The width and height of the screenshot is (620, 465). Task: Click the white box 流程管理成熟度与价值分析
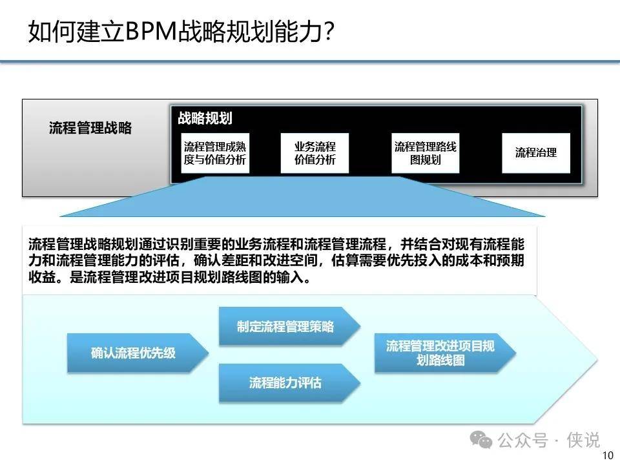215,153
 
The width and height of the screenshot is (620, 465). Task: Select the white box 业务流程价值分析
315,153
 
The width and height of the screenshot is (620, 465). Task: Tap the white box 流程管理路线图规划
426,153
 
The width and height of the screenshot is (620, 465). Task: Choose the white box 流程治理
536,153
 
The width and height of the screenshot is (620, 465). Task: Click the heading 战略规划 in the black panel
205,118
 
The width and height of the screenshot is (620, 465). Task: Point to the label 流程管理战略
90,128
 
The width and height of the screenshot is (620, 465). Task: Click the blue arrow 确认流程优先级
138,353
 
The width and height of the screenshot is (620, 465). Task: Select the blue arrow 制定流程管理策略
289,327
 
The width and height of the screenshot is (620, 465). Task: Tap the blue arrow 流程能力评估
289,383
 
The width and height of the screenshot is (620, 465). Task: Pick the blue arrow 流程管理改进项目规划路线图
445,353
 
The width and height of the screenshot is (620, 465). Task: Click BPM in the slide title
150,31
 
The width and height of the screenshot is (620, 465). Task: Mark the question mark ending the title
329,31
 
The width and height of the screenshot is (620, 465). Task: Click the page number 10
607,455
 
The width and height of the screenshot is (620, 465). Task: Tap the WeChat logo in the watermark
480,440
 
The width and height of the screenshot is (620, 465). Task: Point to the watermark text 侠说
583,440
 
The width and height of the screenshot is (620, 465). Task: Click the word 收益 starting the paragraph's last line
42,277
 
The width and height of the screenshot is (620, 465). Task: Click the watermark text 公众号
522,440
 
